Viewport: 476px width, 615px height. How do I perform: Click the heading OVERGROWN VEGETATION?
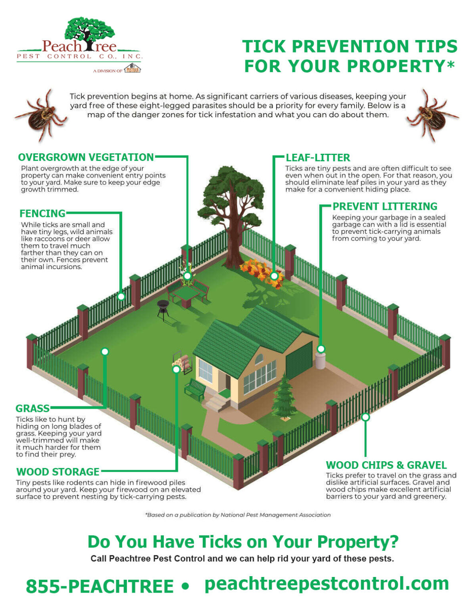tap(86, 157)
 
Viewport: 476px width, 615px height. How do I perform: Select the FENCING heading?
tap(42, 213)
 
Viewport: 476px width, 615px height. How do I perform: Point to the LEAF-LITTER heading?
tap(318, 158)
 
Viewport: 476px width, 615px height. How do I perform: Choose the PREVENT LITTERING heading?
tap(385, 207)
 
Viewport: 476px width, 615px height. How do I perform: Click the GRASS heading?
tap(32, 408)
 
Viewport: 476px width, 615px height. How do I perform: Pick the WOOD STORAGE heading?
tap(58, 472)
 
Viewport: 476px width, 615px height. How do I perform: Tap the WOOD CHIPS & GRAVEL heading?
tap(386, 465)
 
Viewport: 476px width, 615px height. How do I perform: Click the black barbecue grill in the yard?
tap(163, 309)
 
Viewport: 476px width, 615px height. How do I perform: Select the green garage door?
tap(299, 360)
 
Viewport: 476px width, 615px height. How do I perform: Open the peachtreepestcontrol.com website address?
tap(327, 583)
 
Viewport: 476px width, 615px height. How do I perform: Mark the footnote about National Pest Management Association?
tap(238, 515)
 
